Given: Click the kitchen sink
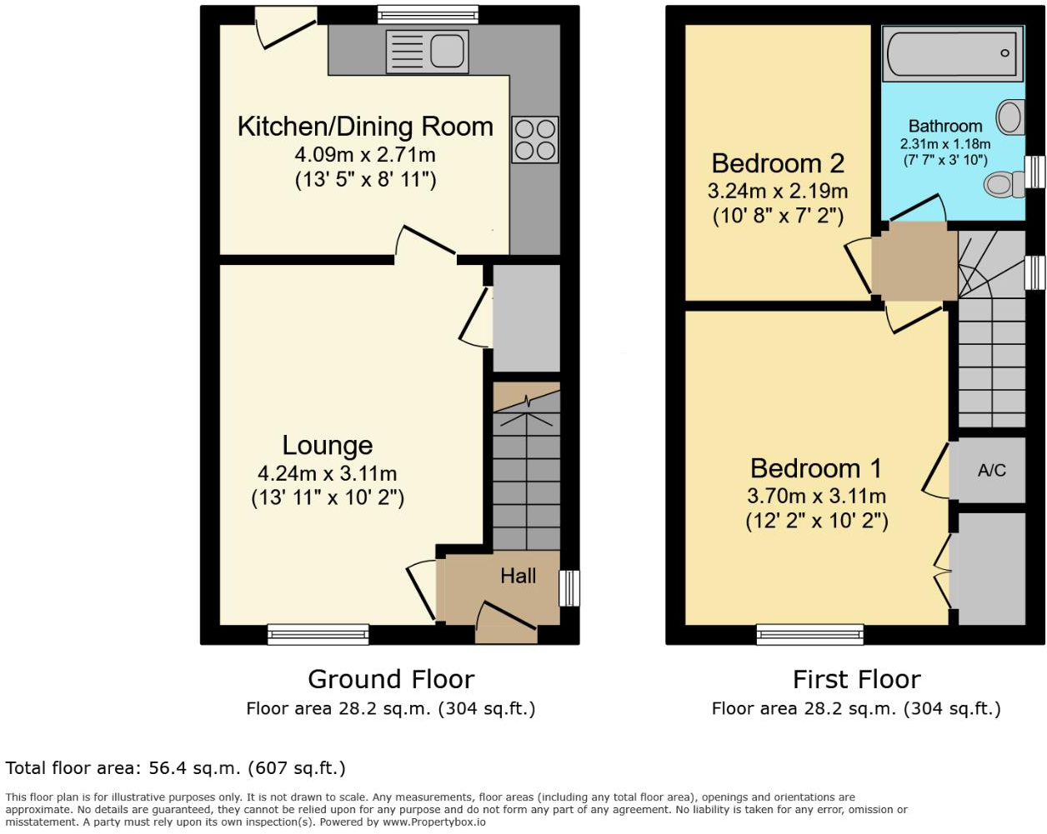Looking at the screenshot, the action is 427,52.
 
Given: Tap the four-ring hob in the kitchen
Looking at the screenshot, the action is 534,139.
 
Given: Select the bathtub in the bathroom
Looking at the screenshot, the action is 952,53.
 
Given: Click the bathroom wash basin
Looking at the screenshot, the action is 1010,117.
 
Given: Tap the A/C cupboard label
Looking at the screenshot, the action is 991,470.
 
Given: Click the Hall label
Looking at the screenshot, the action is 518,577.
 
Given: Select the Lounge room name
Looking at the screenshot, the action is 328,446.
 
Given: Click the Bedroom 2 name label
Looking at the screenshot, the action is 778,163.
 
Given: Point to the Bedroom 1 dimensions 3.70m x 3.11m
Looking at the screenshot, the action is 816,497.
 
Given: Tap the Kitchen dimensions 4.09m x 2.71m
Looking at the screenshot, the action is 365,155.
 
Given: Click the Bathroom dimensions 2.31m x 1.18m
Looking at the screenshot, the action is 945,144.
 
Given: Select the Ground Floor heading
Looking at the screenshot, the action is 391,679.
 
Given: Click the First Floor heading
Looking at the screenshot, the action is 857,679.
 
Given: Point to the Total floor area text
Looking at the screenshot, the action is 175,768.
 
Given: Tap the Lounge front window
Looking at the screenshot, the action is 318,635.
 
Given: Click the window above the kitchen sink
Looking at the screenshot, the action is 428,15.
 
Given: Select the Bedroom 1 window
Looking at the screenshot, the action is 810,635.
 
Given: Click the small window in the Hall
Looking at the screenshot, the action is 569,588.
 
